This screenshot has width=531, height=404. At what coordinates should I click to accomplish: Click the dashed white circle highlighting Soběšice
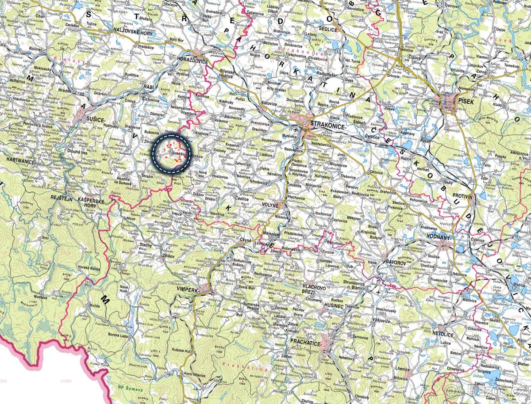(171, 151)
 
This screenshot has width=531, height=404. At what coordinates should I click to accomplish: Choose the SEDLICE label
(327, 30)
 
